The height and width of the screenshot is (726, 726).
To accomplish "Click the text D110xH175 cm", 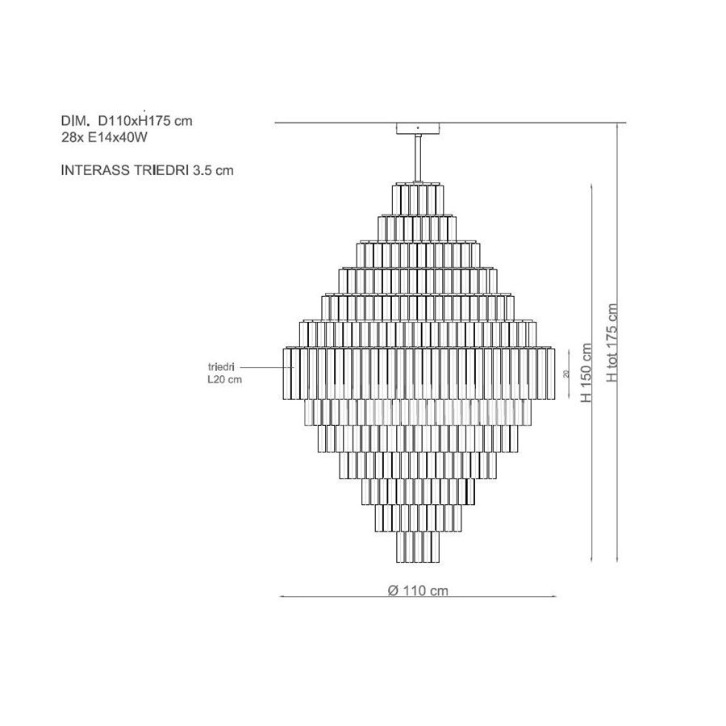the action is coord(145,121).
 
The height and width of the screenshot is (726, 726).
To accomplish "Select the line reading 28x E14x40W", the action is coord(104,137).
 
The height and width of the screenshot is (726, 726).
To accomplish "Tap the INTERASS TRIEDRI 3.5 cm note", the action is coord(148,170).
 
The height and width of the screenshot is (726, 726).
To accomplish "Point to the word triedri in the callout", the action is coord(221,367).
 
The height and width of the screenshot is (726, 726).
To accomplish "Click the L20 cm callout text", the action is coord(225,380).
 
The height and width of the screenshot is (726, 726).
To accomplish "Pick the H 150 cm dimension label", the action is coord(586,373).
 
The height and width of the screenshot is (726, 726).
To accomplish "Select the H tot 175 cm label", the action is coord(612,343).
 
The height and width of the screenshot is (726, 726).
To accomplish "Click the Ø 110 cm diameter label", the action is coord(418,590).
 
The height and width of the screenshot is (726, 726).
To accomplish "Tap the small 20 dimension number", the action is coord(565,374).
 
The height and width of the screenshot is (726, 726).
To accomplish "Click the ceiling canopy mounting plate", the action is coord(418,128).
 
